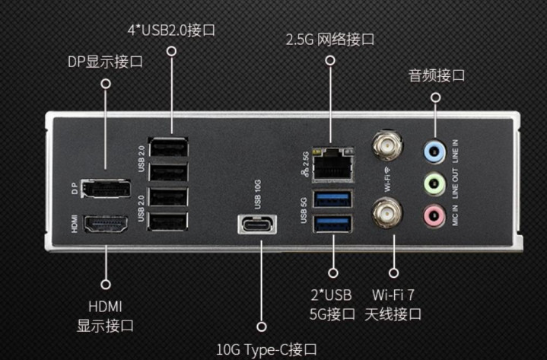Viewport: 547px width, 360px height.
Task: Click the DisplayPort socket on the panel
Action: coord(106,189)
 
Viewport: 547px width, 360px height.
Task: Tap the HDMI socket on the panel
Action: coord(105,224)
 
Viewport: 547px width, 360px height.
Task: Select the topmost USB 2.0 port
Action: coord(168,147)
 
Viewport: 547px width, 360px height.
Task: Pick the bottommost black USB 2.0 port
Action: coord(168,221)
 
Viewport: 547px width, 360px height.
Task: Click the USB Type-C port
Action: coord(257,225)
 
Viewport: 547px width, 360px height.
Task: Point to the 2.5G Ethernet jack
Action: coord(332,165)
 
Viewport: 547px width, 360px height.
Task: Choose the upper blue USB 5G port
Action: coord(332,199)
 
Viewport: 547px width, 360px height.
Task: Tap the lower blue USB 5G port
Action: coord(332,224)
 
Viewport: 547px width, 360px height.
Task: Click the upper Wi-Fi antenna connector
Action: coord(387,145)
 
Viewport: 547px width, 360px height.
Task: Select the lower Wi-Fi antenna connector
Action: coord(387,212)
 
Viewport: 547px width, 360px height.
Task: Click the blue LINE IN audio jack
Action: coord(434,151)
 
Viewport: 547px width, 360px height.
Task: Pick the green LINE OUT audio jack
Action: coord(434,184)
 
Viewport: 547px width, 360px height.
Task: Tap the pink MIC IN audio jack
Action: coord(434,215)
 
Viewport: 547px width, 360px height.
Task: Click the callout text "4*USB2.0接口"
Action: coord(171,30)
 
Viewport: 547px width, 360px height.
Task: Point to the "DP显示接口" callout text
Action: coord(105,62)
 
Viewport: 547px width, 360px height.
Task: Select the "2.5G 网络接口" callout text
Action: coord(330,40)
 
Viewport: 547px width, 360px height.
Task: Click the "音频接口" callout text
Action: coord(437,75)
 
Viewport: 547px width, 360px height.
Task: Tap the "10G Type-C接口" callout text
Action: coord(266,349)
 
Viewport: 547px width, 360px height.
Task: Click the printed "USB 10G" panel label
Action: coord(257,195)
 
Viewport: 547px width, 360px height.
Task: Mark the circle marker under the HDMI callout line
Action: coord(106,285)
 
